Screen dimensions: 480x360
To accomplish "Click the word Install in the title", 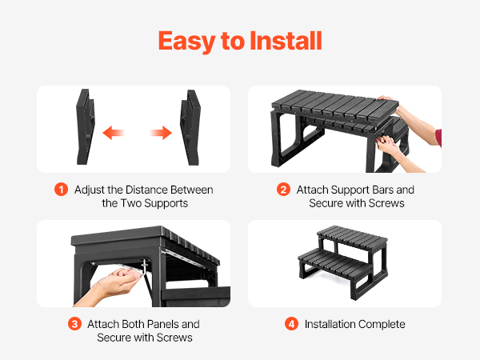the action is click(x=286, y=41).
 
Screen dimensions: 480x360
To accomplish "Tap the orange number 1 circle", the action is click(x=61, y=190).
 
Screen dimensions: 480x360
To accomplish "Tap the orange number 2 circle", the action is click(x=283, y=190).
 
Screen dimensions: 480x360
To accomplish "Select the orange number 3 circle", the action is click(x=74, y=324).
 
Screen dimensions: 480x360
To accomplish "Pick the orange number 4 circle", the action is click(x=291, y=324).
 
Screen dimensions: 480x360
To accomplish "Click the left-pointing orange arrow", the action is click(x=114, y=133).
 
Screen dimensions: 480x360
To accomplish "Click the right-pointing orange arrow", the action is click(x=161, y=133).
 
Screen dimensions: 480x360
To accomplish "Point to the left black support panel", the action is click(x=86, y=126).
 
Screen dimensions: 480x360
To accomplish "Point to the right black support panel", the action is click(x=190, y=127).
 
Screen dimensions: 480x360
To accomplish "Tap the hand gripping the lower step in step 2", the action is click(x=388, y=145).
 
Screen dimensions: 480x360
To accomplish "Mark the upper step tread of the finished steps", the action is click(x=352, y=235).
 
